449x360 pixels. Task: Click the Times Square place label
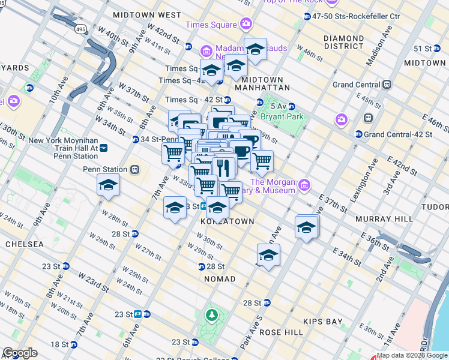coord(211,25)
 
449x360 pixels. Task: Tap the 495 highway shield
coord(80,29)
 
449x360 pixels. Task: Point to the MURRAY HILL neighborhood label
coord(381,219)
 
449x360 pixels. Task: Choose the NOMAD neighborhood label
coord(220,280)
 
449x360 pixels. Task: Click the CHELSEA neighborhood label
coord(24,244)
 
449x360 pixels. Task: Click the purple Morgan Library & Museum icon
coord(304,183)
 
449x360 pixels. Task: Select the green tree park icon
coord(211,314)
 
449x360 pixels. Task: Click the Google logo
coord(20,353)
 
